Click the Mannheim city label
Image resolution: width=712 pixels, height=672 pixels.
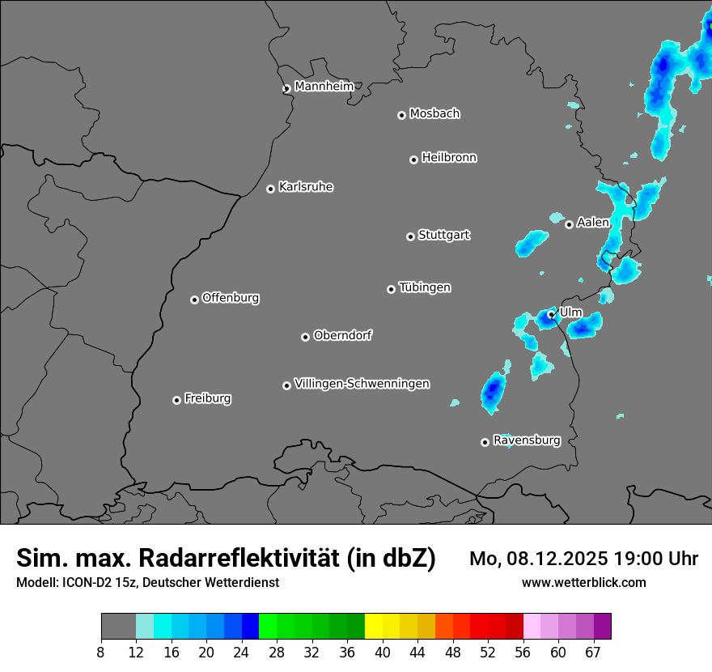[x=324, y=87]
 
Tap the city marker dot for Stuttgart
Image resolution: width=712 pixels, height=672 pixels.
[x=410, y=236]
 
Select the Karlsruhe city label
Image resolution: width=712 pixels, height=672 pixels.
[x=306, y=187]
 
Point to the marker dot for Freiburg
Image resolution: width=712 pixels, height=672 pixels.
[x=176, y=400]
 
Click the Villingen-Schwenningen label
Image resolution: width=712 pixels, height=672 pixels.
[x=362, y=384]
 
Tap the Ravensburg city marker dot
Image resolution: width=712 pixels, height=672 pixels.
[x=485, y=442]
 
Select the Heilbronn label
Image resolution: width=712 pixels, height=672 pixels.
[x=449, y=158]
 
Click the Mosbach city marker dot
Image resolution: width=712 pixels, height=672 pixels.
[x=401, y=115]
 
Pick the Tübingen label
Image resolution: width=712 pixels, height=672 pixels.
[x=425, y=287]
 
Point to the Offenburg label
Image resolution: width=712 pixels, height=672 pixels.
[x=231, y=298]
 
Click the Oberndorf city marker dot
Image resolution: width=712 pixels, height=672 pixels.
[x=305, y=337]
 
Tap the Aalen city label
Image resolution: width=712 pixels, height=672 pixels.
[x=592, y=223]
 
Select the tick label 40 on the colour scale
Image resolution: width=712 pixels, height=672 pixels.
[x=383, y=653]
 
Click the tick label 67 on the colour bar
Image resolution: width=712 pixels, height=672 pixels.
[x=593, y=653]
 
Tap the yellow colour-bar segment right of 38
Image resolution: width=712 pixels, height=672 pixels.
[x=374, y=627]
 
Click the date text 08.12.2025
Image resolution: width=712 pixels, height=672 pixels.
[x=553, y=559]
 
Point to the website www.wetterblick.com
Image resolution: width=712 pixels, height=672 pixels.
[x=584, y=582]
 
